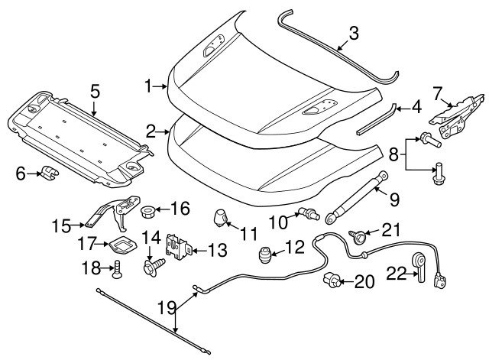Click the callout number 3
pyautogui.click(x=353, y=33)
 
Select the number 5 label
pyautogui.click(x=95, y=91)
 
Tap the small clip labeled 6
pyautogui.click(x=50, y=174)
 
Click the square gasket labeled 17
pyautogui.click(x=121, y=245)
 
